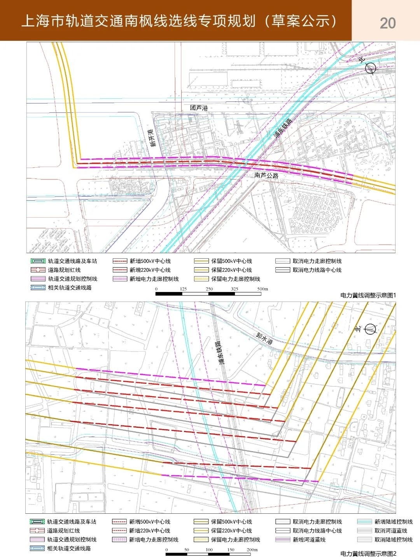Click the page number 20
click(x=387, y=23)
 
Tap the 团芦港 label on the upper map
click(x=199, y=108)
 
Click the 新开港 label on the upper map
click(x=153, y=138)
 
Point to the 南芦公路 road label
click(x=266, y=175)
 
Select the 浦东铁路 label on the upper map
click(x=283, y=129)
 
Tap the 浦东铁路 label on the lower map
click(x=219, y=352)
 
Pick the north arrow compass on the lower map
click(x=371, y=329)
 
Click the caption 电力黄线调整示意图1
click(x=368, y=295)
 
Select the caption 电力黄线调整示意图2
click(x=368, y=553)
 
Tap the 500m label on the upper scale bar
click(x=262, y=289)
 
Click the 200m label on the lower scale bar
click(x=252, y=549)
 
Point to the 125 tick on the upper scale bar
click(x=183, y=289)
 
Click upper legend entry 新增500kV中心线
click(x=150, y=261)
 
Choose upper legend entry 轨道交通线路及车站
click(x=72, y=261)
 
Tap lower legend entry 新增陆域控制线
click(x=393, y=522)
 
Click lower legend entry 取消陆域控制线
click(x=393, y=539)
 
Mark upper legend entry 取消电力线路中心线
click(x=317, y=270)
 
